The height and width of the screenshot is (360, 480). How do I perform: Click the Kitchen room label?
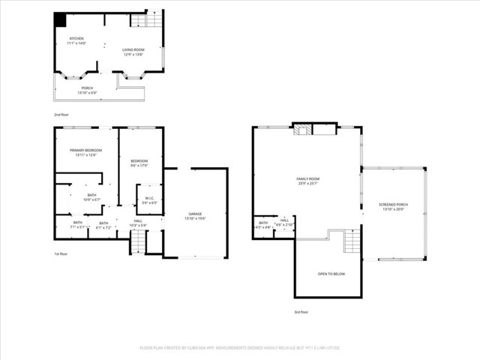tap(77, 40)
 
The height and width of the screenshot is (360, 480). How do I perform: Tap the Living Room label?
tap(133, 52)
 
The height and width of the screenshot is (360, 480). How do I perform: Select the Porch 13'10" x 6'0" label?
tap(88, 90)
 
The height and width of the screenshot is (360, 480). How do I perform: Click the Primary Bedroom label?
tap(85, 152)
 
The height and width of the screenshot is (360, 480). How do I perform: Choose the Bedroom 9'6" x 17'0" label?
tap(139, 163)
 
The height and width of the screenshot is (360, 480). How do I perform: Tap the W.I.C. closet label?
tap(149, 200)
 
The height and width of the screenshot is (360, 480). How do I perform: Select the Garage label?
tap(195, 215)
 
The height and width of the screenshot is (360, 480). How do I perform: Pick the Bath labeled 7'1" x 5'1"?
tap(77, 223)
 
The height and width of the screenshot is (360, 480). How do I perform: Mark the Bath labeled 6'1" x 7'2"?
tap(103, 223)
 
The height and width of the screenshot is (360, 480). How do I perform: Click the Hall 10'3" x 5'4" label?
tap(138, 223)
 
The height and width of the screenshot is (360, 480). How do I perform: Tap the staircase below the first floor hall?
tap(139, 242)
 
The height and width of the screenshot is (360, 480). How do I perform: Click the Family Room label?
tap(307, 180)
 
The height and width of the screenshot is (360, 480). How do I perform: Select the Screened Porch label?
tap(393, 206)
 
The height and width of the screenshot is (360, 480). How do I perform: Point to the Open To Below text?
tap(331, 274)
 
